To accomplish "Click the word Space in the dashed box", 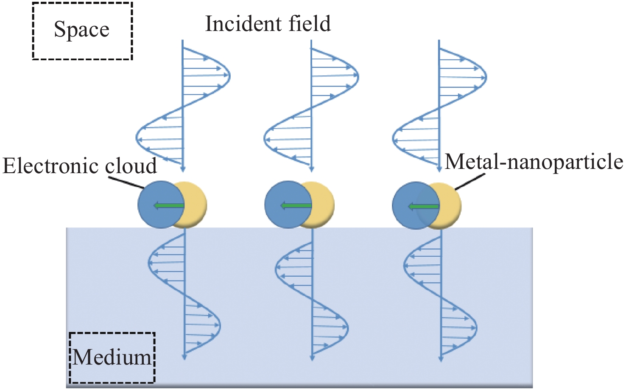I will click(81, 30).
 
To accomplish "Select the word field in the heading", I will click(310, 24).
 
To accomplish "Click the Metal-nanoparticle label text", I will click(534, 162).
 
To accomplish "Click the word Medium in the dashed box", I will click(112, 357).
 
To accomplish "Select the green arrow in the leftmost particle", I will click(168, 206).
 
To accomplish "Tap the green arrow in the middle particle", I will click(296, 206).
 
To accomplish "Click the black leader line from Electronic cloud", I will click(126, 183).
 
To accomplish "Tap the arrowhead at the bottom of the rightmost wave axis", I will click(441, 358).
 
